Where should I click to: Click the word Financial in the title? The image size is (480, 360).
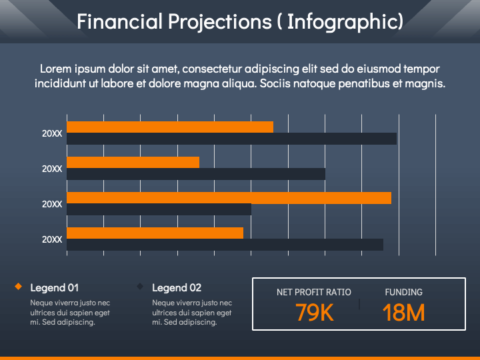pos(120,21)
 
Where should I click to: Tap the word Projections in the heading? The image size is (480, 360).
pos(220,23)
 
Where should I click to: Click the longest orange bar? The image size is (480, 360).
pos(229,198)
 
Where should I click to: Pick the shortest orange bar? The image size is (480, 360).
pos(133,162)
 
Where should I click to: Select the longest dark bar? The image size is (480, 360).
pos(232,139)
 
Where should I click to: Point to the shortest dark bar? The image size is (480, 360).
pos(159,209)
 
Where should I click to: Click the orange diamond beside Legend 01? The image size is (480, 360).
pos(19,286)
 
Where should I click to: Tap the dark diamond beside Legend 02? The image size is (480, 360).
pos(140,286)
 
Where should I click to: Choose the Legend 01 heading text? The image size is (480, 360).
pos(55,288)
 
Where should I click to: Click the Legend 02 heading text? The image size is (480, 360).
pos(177,288)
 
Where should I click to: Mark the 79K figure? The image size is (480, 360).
pos(315,313)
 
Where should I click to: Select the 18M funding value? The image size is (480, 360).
pos(404,313)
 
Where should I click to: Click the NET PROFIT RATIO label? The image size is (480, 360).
pos(314,293)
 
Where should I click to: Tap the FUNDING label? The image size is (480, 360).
pos(404,293)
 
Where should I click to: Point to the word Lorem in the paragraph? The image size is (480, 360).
pos(56,69)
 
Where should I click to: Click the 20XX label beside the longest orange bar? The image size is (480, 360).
pos(52,204)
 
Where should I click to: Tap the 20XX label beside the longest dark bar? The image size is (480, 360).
pos(52,134)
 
